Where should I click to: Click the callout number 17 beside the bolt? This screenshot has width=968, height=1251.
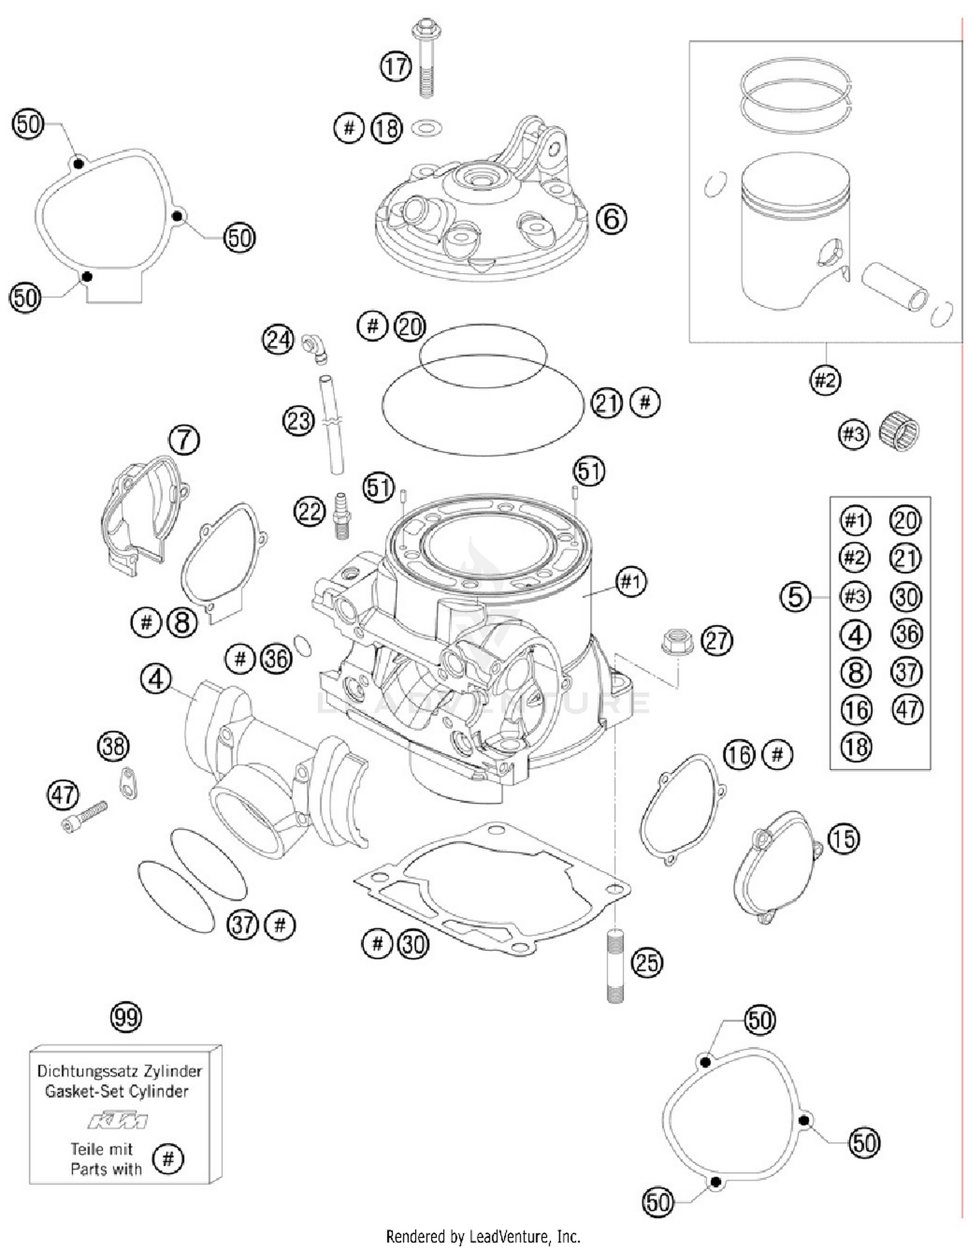(x=395, y=66)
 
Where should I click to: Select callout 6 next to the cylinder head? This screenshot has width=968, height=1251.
(x=610, y=219)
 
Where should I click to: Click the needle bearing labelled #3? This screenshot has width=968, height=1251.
(x=899, y=431)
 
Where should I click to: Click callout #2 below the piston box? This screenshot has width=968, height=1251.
(x=825, y=380)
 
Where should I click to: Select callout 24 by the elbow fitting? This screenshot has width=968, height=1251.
(x=277, y=339)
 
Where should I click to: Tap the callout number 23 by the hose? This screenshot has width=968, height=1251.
(x=298, y=422)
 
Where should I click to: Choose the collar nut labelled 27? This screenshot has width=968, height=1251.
(x=677, y=640)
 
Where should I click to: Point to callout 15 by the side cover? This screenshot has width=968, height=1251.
(x=843, y=839)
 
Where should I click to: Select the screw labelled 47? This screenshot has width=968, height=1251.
(x=85, y=817)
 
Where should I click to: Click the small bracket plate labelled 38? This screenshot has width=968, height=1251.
(x=128, y=782)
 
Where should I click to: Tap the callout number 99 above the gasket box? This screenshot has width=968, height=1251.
(x=125, y=1017)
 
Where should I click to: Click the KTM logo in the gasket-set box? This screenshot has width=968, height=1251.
(x=117, y=1121)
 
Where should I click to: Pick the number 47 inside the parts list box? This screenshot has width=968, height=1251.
(x=907, y=709)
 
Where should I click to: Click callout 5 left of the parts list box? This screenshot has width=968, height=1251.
(x=794, y=596)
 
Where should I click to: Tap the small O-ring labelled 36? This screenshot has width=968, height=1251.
(x=302, y=645)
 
